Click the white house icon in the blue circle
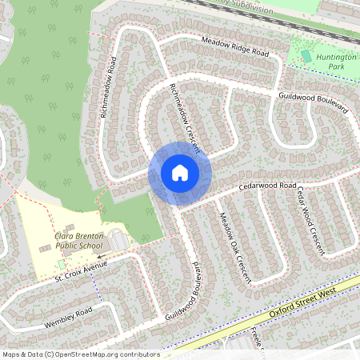coord(179,172)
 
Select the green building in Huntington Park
coord(306,55)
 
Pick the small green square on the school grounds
coord(61,264)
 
